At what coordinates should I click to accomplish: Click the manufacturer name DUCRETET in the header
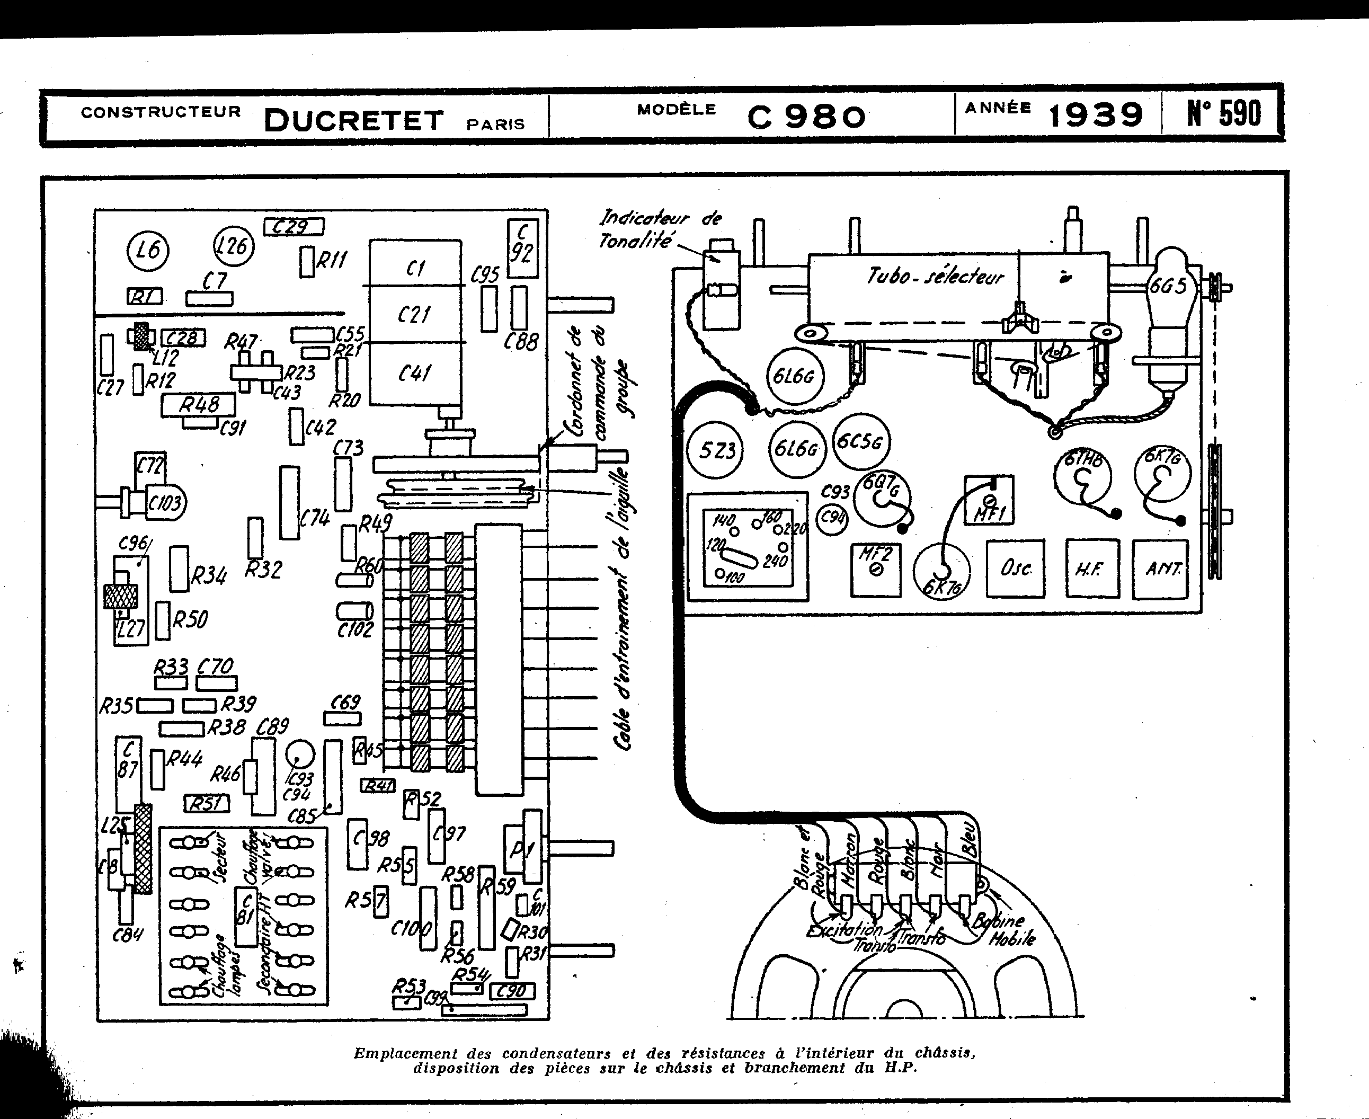(x=354, y=120)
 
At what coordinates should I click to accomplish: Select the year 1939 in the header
(x=1095, y=116)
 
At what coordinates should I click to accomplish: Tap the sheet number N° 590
(x=1223, y=113)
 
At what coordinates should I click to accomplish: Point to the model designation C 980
(x=806, y=117)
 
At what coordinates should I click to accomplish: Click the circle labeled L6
(x=148, y=250)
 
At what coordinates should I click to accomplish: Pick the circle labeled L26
(x=233, y=246)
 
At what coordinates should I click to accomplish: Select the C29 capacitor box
(x=294, y=227)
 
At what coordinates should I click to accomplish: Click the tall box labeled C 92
(x=522, y=248)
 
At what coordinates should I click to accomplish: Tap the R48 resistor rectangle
(x=199, y=405)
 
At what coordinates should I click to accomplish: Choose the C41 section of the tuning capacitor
(x=415, y=373)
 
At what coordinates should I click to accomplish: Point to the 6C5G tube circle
(x=860, y=441)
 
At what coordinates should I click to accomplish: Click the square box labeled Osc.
(x=1015, y=568)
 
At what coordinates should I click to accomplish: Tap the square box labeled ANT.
(x=1161, y=569)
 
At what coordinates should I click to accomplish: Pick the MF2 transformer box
(x=875, y=569)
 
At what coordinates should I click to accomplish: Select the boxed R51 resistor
(x=206, y=803)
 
